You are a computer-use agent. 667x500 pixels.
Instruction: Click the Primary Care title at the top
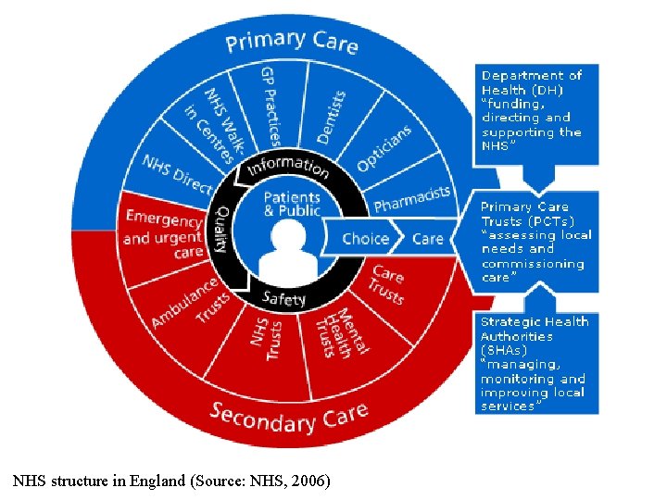pos(292,42)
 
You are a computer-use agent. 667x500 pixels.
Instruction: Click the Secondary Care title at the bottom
pos(288,416)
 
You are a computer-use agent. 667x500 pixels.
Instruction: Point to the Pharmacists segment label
pos(411,197)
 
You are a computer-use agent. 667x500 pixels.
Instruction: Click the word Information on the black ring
pos(288,167)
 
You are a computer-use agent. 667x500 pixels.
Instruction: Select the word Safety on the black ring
pos(283,298)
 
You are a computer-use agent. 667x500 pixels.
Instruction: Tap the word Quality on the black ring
pos(223,231)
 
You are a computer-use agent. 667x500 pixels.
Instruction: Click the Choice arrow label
pos(365,238)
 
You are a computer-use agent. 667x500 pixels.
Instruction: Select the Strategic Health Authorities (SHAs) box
pos(535,363)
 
